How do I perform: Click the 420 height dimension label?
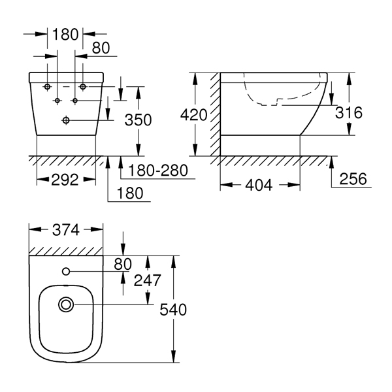[x=194, y=115]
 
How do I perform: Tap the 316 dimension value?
[x=349, y=112]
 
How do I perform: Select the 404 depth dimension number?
[x=259, y=186]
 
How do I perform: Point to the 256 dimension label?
[x=353, y=179]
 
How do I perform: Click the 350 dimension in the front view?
[x=139, y=120]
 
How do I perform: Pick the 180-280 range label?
[x=158, y=171]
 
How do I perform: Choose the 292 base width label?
[x=65, y=180]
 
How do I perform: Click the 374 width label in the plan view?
[x=66, y=230]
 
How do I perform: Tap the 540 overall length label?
[x=173, y=310]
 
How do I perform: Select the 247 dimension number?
[x=147, y=280]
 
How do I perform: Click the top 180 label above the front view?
[x=65, y=34]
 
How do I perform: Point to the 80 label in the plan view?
[x=123, y=264]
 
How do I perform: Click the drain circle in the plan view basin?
[x=66, y=304]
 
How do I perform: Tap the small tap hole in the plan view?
[x=66, y=272]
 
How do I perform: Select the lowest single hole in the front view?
[x=66, y=120]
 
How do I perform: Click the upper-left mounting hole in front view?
[x=47, y=87]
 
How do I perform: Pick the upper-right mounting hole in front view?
[x=83, y=87]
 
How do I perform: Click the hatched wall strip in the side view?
[x=215, y=114]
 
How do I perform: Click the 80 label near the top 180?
[x=101, y=48]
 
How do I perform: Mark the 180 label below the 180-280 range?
[x=130, y=193]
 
